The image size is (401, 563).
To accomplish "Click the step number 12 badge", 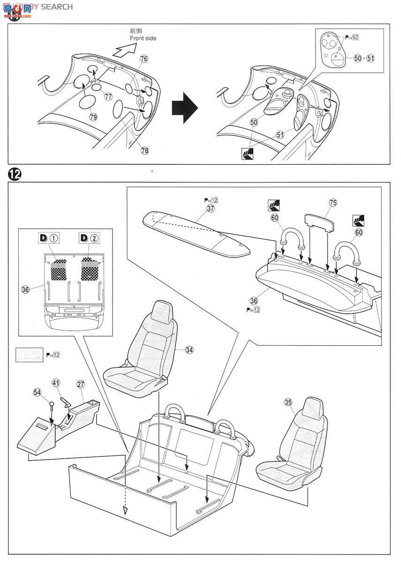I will (15, 174).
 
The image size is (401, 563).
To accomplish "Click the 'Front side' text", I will (143, 38).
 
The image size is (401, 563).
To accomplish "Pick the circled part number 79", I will (93, 117).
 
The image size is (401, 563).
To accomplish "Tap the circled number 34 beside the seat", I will (189, 350).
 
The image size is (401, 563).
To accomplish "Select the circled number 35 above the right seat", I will (288, 402).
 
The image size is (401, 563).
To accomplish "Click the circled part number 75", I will (333, 203).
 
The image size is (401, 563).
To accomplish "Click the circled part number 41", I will (56, 384).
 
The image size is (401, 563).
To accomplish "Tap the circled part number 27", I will (81, 384).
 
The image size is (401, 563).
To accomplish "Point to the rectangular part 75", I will (318, 220).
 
